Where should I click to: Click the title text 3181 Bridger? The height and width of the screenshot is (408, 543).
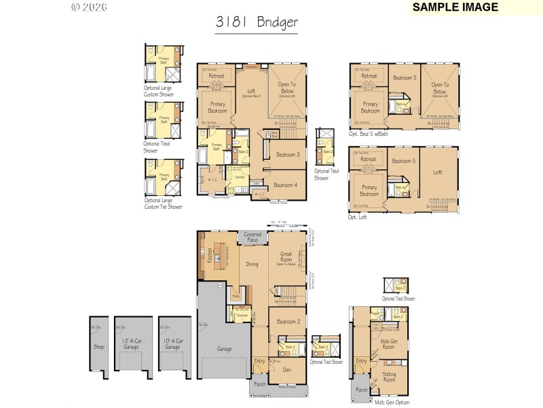257,22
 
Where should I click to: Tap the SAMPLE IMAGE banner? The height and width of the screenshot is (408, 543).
455,7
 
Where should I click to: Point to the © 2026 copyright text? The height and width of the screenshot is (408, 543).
88,7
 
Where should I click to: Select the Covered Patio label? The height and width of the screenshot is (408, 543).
252,237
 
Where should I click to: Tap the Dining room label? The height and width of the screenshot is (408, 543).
233,265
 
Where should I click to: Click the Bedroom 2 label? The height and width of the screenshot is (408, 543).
288,322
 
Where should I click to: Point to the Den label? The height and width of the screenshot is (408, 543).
287,369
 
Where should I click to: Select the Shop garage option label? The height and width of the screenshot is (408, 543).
100,345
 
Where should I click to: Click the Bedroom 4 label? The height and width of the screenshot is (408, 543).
285,185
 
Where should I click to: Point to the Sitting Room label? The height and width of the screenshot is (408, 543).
389,375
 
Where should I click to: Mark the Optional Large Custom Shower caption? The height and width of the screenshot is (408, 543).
158,92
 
